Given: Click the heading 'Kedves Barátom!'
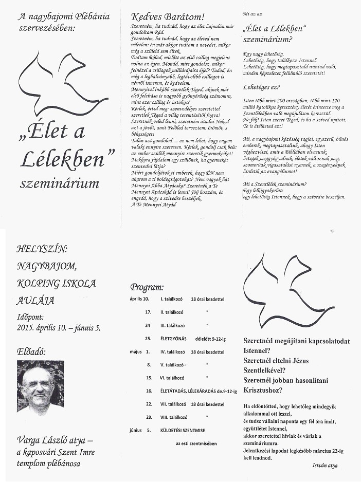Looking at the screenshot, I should coord(168,16).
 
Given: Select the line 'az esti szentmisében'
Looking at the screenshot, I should coord(196,443).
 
